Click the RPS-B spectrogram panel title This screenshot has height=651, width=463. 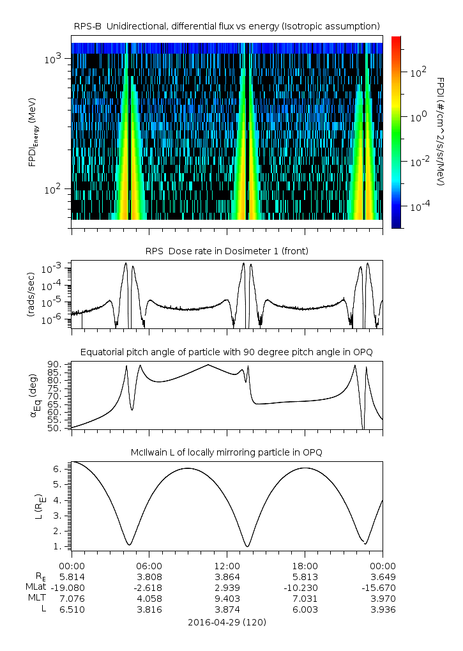227,26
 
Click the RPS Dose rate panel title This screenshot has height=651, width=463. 227,251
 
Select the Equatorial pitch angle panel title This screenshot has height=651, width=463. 227,352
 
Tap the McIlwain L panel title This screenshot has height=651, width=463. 227,452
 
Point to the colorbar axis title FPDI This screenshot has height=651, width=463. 440,132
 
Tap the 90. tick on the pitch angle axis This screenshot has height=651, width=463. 57,364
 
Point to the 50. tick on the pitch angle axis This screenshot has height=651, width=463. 57,428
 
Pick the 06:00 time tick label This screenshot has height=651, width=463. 149,565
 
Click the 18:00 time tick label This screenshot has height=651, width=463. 305,565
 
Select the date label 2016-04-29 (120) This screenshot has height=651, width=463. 227,622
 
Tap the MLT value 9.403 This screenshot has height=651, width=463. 227,598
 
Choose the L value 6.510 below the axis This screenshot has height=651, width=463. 72,609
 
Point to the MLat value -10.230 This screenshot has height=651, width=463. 305,587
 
